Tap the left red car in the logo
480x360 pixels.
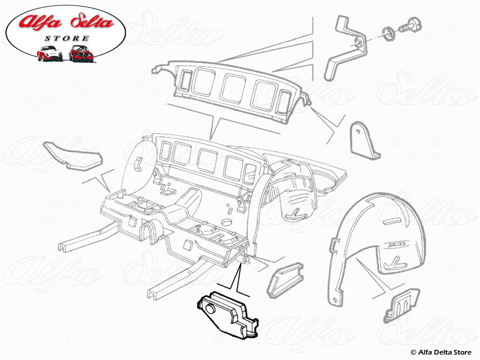(x=50, y=53)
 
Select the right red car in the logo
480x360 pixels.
(x=80, y=53)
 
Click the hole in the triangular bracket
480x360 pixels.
(x=361, y=132)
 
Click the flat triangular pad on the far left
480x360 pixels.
(x=72, y=155)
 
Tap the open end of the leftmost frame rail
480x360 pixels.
(x=64, y=247)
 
